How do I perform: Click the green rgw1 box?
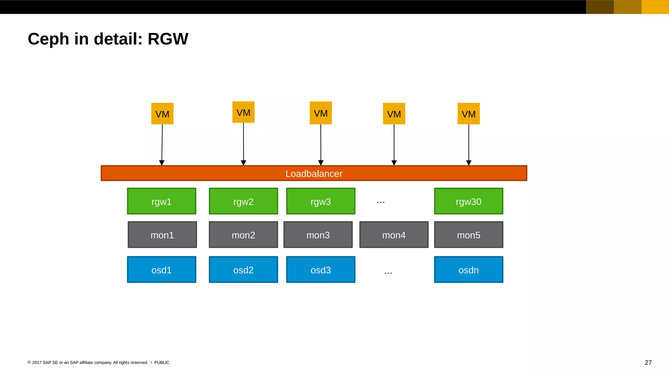click(x=162, y=201)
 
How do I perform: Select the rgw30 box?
click(x=468, y=201)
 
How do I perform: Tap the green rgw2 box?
click(x=243, y=201)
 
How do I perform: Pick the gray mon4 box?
click(x=394, y=235)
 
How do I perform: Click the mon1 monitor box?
click(x=162, y=235)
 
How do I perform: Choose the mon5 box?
click(x=468, y=235)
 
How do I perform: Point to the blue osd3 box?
click(x=320, y=270)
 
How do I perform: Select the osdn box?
click(x=468, y=270)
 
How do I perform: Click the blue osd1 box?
click(x=162, y=270)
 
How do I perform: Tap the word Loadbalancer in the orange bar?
click(x=314, y=174)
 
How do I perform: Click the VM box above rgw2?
click(x=243, y=113)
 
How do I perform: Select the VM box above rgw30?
click(x=468, y=114)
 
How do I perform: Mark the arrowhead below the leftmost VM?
click(x=162, y=163)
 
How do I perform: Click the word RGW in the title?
click(x=168, y=39)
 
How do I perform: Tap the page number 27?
click(x=648, y=363)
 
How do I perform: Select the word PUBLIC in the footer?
click(x=162, y=363)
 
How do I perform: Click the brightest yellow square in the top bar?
click(x=655, y=7)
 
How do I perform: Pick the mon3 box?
click(x=318, y=235)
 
